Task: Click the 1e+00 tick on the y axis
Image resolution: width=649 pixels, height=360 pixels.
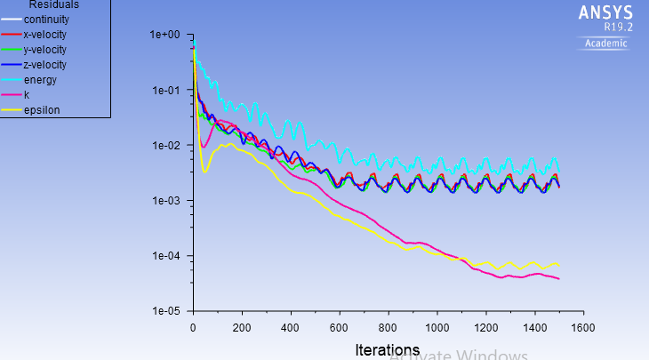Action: coord(165,35)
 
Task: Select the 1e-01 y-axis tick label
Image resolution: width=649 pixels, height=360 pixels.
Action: coord(165,90)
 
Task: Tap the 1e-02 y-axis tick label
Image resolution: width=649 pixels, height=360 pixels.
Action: coord(165,146)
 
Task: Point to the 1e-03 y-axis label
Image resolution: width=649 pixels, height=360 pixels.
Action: coord(165,201)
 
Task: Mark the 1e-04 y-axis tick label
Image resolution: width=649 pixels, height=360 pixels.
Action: coord(165,256)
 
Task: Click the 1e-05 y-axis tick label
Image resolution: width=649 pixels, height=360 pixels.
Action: coord(165,312)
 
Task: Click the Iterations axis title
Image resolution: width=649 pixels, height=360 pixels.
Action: coord(387,349)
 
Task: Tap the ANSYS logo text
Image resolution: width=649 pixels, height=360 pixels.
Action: coord(605,12)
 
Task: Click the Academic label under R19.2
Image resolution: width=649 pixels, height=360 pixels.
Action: coord(605,44)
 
